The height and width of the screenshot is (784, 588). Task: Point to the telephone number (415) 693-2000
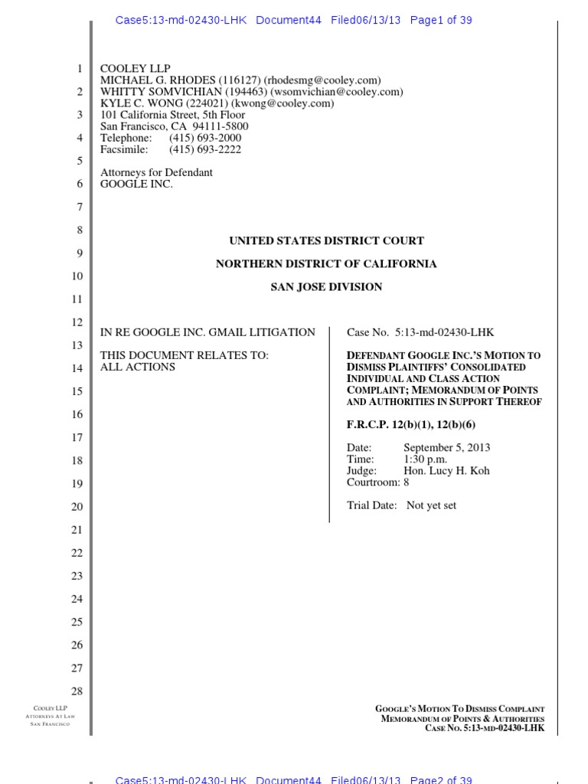click(x=205, y=138)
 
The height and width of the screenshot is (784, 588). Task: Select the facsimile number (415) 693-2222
click(x=205, y=149)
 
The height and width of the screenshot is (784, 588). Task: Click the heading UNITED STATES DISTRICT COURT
click(x=326, y=240)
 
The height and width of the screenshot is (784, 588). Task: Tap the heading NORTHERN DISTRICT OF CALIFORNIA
click(x=326, y=263)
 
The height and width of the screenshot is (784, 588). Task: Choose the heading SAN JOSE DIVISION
click(x=326, y=286)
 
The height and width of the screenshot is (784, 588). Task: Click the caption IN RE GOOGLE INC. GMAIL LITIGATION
click(x=207, y=332)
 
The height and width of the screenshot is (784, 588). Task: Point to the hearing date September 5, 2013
click(x=447, y=448)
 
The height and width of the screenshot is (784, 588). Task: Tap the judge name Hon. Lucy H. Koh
click(x=446, y=471)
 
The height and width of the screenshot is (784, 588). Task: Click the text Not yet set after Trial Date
click(x=431, y=505)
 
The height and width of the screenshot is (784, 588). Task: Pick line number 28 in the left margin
click(x=77, y=691)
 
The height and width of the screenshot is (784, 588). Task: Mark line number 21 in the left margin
click(x=77, y=530)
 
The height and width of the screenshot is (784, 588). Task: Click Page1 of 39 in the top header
click(x=441, y=21)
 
